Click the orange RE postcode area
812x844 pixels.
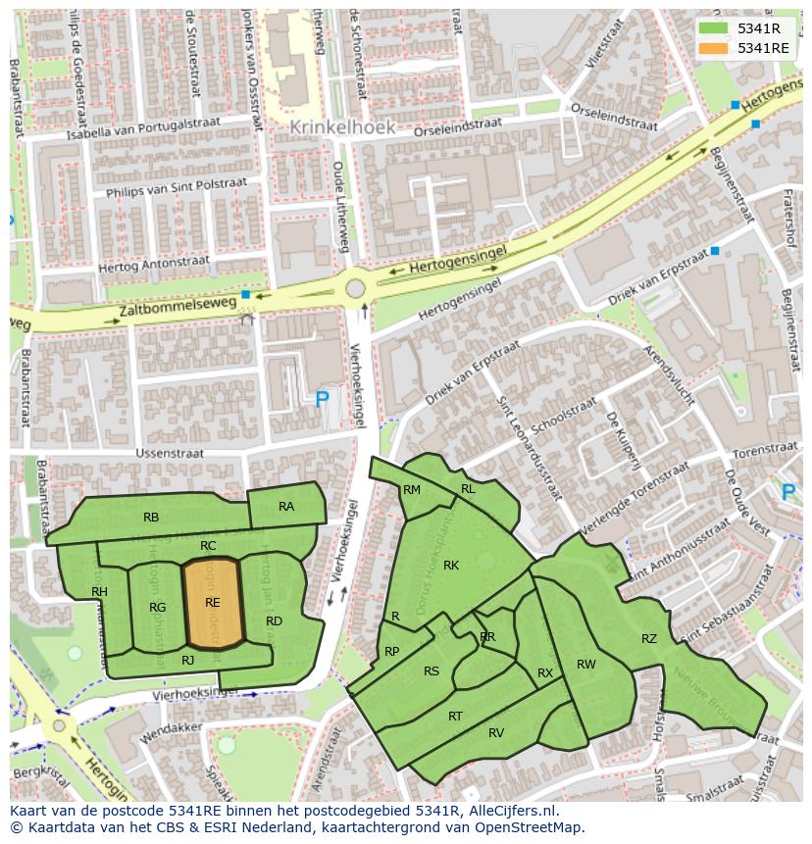point(213,604)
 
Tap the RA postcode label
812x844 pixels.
point(286,507)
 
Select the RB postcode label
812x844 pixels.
point(151,518)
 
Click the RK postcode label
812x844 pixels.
point(451,566)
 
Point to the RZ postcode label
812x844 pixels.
point(649,639)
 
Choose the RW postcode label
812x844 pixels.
point(585,665)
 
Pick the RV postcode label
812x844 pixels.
point(496,732)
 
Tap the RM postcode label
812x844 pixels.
point(412,490)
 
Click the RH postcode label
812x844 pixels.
point(99,592)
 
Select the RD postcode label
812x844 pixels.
point(274,621)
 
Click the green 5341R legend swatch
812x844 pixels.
point(713,28)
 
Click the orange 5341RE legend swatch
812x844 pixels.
point(713,48)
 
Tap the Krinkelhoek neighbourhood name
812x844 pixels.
point(342,127)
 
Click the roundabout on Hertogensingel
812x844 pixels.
point(355,289)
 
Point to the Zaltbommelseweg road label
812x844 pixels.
point(178,306)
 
